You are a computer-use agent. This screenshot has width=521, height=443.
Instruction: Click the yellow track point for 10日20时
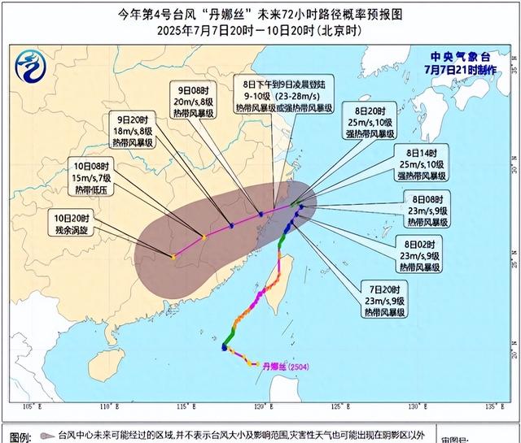click(173, 257)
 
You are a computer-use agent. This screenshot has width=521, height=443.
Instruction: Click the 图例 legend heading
click(20, 434)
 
